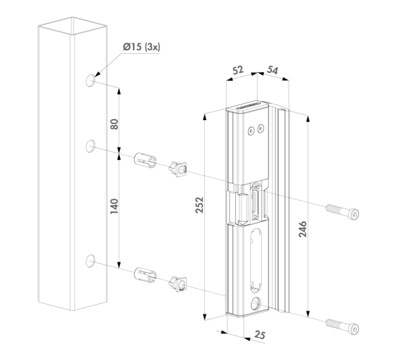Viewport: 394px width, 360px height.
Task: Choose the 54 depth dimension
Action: tap(273, 70)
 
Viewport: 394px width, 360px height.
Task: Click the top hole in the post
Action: tap(91, 81)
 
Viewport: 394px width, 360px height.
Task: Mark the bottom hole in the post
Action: tap(91, 260)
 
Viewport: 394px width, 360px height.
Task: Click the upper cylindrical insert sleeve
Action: tap(144, 159)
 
